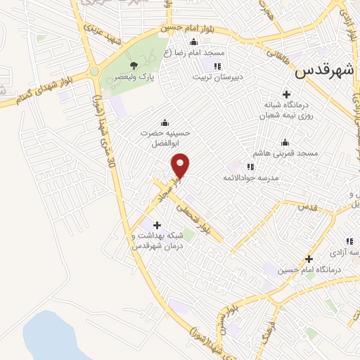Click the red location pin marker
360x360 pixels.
pos(181,165)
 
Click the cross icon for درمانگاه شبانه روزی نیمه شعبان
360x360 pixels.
pos(286,94)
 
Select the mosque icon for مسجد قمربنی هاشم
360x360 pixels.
pos(284,143)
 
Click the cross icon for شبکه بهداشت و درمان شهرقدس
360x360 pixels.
pos(156,225)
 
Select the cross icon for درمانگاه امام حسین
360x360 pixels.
pos(308,259)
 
